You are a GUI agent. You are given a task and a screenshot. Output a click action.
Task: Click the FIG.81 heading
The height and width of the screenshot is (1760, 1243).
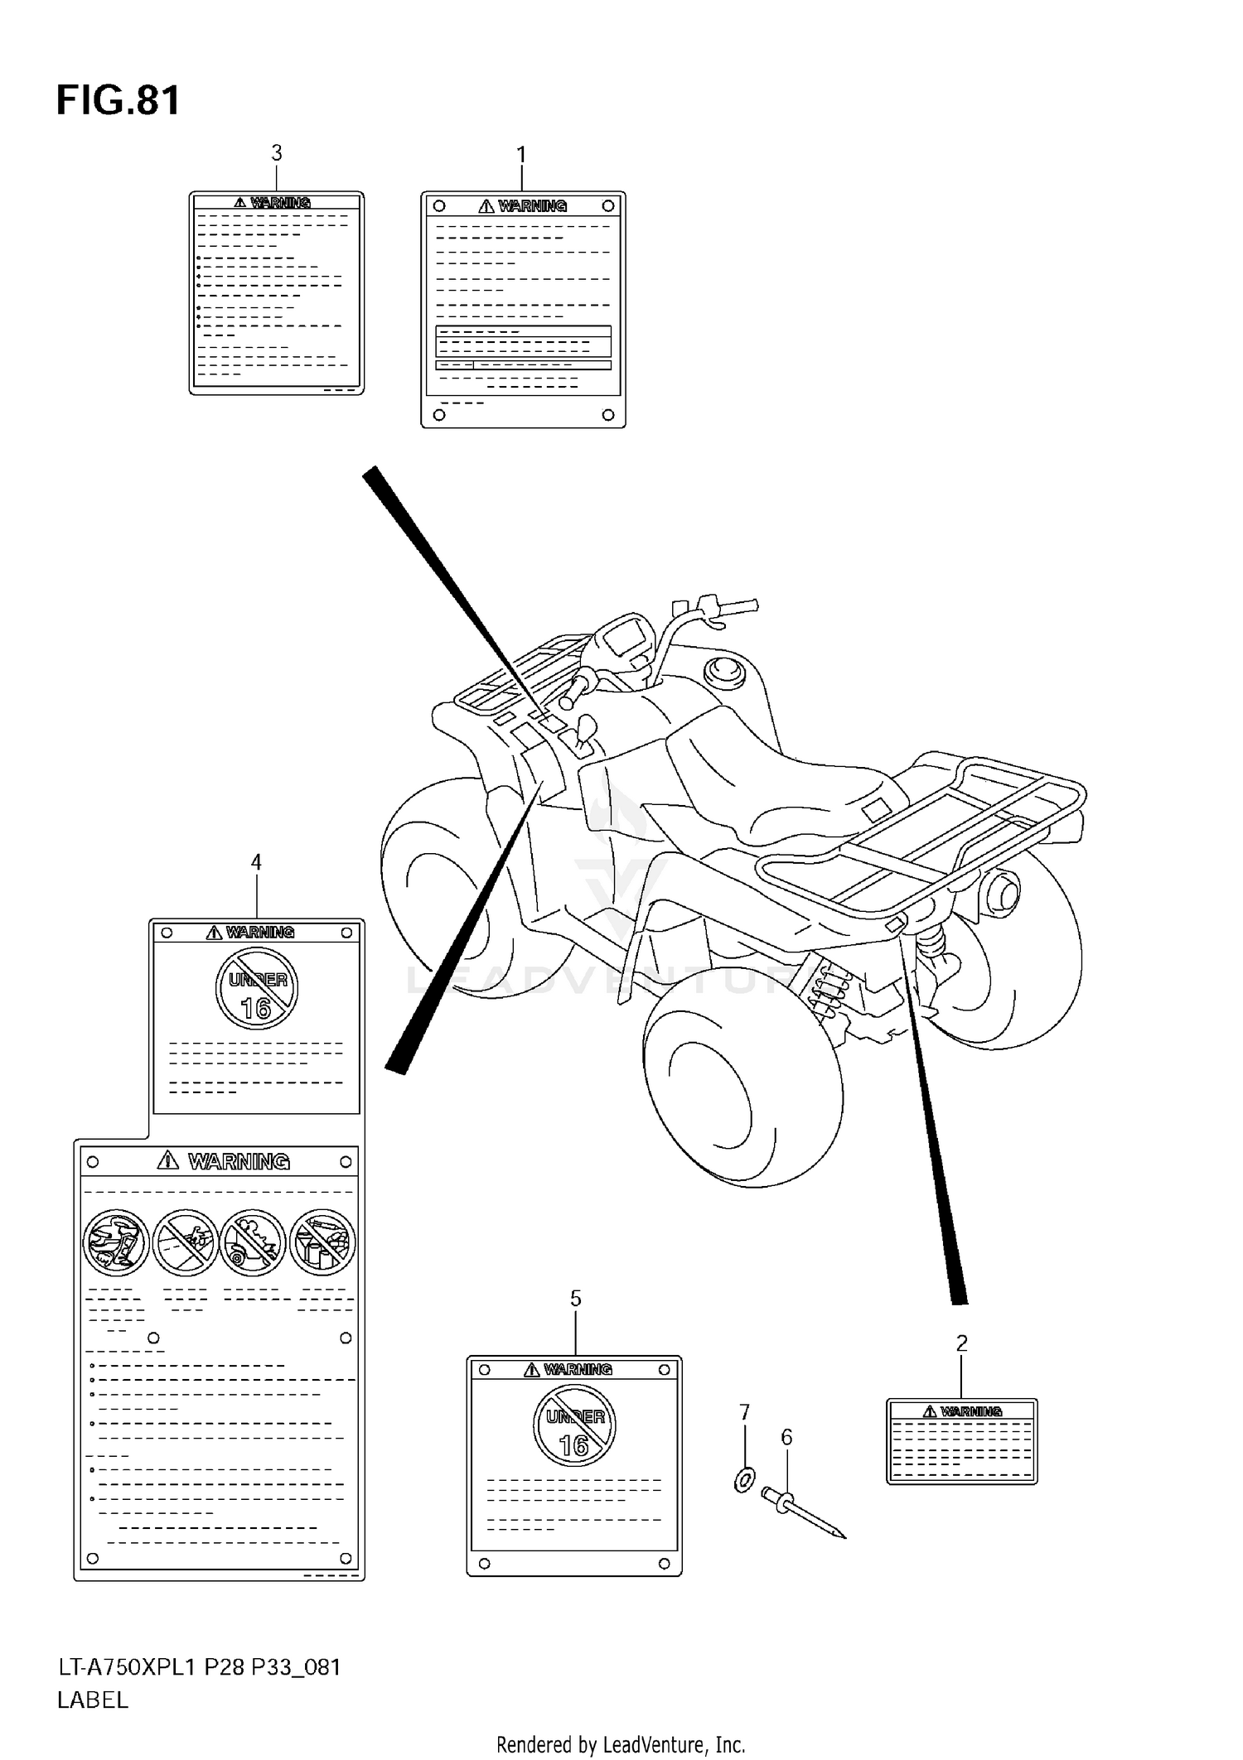tap(118, 101)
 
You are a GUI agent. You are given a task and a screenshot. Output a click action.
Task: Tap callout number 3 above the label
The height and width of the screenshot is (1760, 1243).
tap(277, 153)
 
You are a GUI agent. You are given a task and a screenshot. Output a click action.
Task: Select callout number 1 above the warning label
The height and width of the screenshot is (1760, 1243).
tap(521, 155)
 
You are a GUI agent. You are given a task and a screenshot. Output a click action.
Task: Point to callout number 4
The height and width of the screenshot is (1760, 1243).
tap(256, 862)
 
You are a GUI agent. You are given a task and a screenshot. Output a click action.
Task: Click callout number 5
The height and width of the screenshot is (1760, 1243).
tap(575, 1299)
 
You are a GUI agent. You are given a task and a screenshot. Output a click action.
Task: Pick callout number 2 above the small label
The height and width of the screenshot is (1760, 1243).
tap(961, 1343)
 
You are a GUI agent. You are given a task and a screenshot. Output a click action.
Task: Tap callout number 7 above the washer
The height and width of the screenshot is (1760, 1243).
tap(744, 1411)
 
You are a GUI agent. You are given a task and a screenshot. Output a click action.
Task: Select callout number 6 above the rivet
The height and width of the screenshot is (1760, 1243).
tap(786, 1437)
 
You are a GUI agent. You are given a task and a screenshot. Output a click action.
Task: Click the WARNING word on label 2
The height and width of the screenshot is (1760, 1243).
tap(971, 1411)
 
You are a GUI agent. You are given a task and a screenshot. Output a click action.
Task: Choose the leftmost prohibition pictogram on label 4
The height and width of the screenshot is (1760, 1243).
tap(117, 1242)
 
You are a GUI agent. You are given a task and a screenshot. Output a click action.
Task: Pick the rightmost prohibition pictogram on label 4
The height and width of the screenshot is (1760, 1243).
tap(323, 1242)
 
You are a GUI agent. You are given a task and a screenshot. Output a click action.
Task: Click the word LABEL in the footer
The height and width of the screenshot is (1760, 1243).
tap(92, 1700)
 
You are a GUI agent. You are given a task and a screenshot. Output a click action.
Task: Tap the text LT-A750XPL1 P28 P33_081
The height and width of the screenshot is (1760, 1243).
tap(199, 1667)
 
